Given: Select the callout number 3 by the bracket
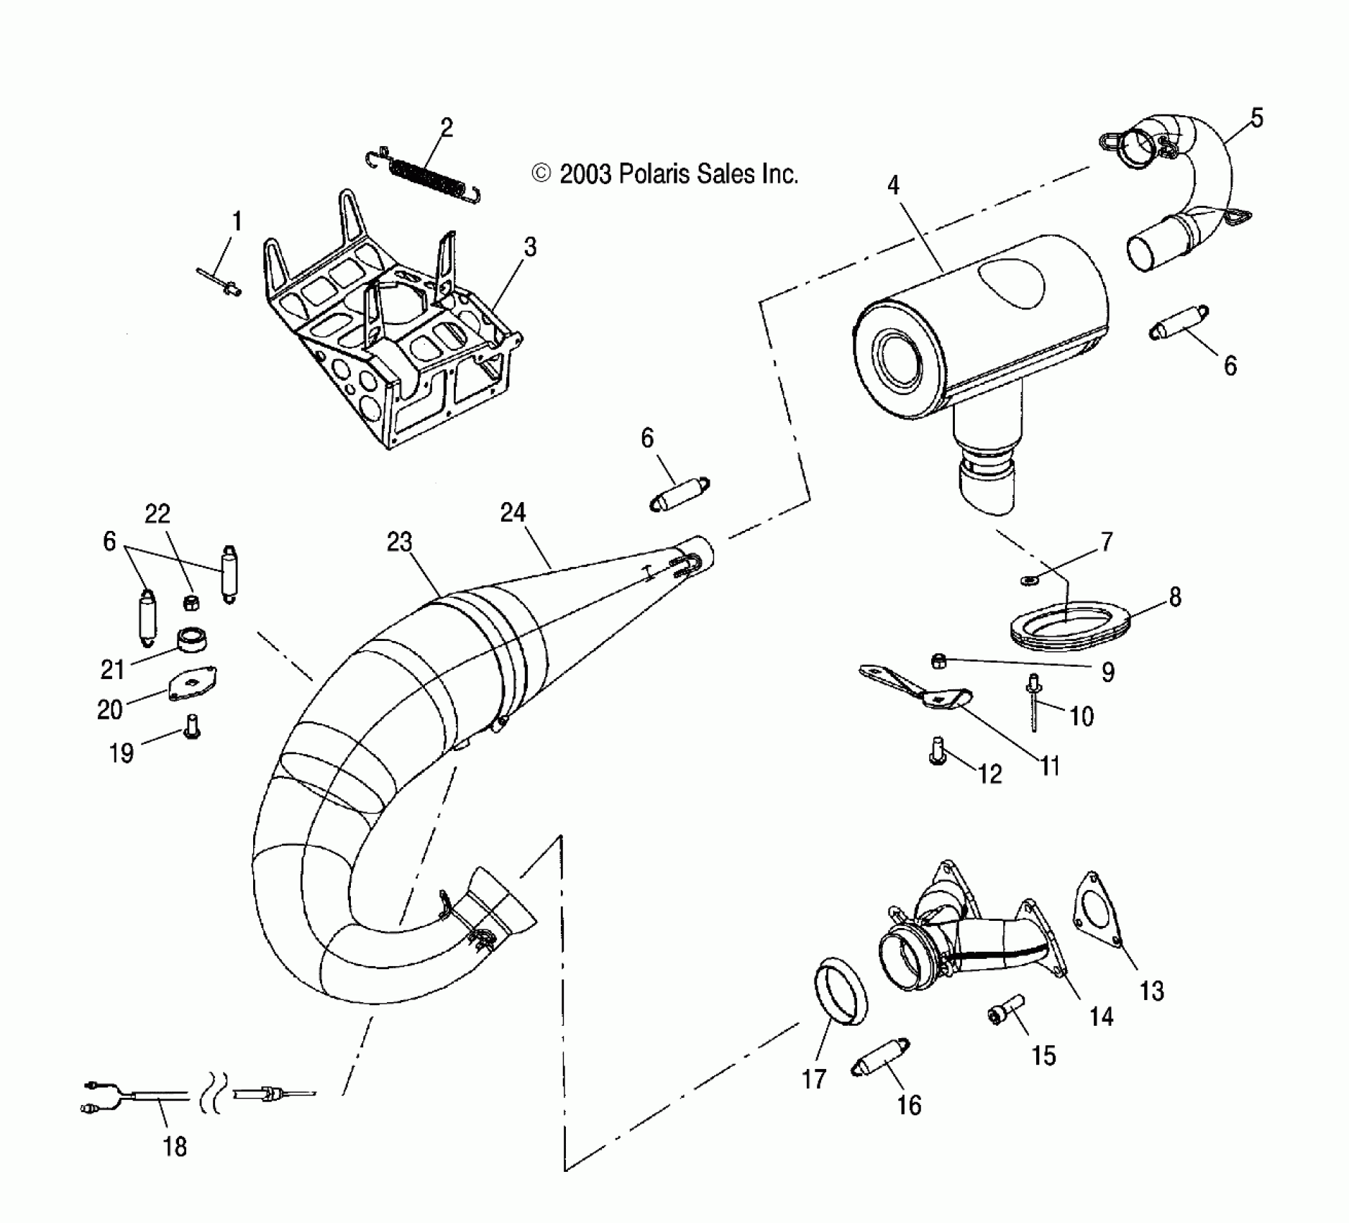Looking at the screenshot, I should (x=530, y=247).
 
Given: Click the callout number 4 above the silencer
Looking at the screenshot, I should (x=893, y=186).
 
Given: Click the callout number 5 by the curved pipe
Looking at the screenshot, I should (x=1256, y=118).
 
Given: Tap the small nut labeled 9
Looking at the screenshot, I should (x=938, y=660).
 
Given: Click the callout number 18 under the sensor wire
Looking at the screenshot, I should (x=175, y=1146).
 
